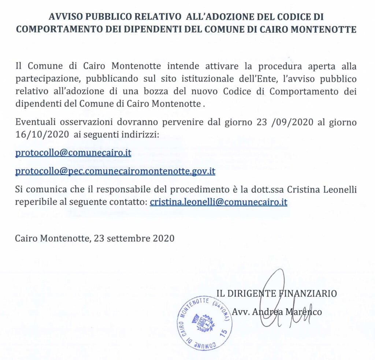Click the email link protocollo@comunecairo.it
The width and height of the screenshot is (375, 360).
pos(73,152)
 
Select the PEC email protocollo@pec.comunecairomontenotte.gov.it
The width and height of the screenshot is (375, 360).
pos(115,171)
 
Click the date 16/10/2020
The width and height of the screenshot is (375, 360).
pos(42,134)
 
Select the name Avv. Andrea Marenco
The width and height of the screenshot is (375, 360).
pos(277,312)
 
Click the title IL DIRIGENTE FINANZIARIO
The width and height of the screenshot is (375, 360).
pos(276,293)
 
